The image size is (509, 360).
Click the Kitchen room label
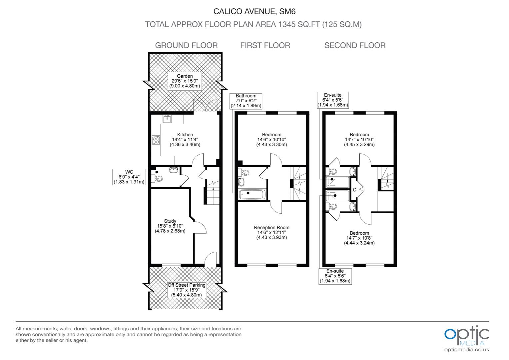[x=185, y=140]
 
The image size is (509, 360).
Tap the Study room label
[x=170, y=226]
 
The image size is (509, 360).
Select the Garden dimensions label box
[x=185, y=81]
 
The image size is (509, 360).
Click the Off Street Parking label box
[x=186, y=290]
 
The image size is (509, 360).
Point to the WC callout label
[x=129, y=177]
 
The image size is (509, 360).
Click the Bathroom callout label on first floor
[x=246, y=101]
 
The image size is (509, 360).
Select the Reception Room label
[x=271, y=232]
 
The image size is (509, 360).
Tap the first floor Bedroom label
[x=271, y=140]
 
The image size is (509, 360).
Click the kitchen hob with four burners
[x=156, y=140]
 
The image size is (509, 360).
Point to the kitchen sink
[x=167, y=119]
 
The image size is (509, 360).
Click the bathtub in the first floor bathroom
[x=252, y=194]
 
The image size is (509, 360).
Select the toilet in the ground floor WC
[x=159, y=179]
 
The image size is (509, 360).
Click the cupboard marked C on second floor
[x=354, y=190]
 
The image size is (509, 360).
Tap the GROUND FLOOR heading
[x=186, y=45]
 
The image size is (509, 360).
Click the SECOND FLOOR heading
[x=355, y=45]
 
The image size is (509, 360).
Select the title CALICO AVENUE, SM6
[x=254, y=12]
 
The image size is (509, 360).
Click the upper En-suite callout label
[x=332, y=100]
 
